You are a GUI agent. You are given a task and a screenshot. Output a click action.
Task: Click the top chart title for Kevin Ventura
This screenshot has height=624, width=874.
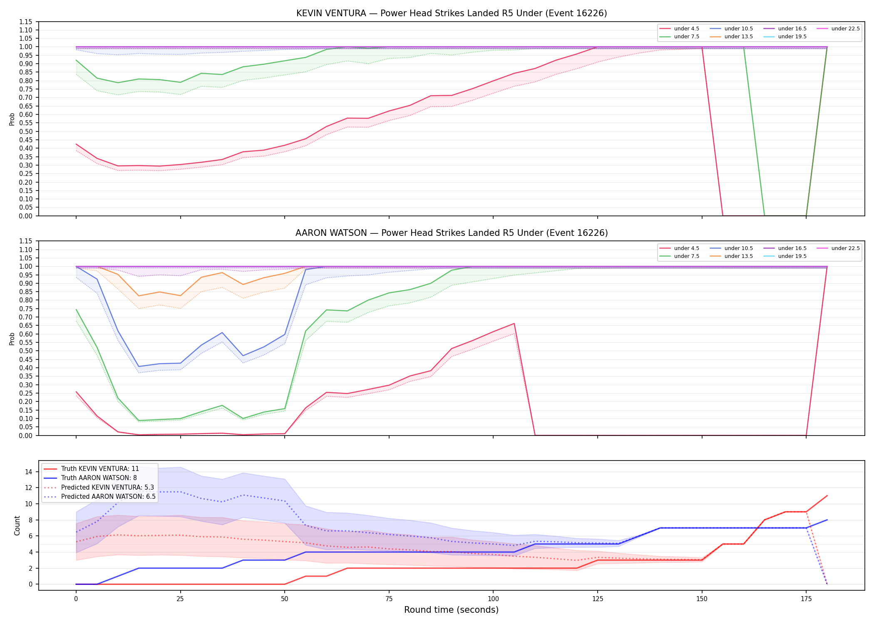pyautogui.click(x=452, y=13)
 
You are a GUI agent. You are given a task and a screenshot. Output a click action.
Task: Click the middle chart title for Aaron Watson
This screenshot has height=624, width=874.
pyautogui.click(x=452, y=233)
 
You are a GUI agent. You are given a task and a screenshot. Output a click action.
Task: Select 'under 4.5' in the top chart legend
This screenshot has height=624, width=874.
pyautogui.click(x=686, y=29)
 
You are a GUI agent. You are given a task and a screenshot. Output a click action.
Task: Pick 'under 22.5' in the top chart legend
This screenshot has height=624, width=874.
pyautogui.click(x=845, y=29)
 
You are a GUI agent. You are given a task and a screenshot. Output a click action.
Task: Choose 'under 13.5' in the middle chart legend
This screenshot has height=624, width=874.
pyautogui.click(x=738, y=256)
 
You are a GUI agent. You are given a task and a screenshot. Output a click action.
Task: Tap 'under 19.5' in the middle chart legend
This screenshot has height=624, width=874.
pyautogui.click(x=792, y=256)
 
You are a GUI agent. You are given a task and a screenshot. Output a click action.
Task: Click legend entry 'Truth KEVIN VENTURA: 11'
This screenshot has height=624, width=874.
pyautogui.click(x=100, y=469)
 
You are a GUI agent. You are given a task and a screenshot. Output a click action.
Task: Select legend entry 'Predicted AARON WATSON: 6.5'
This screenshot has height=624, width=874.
pyautogui.click(x=108, y=497)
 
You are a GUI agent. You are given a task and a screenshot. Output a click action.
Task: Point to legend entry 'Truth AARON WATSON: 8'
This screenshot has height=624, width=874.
pyautogui.click(x=99, y=478)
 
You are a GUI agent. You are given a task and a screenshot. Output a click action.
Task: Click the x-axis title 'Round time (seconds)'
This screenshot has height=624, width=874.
pyautogui.click(x=451, y=610)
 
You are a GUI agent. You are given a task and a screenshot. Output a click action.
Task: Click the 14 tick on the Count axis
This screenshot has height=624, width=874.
pyautogui.click(x=29, y=472)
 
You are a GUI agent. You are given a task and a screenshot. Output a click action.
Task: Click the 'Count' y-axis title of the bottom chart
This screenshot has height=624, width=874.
pyautogui.click(x=17, y=525)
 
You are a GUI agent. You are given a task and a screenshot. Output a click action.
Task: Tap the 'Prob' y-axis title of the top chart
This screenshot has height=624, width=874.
pyautogui.click(x=12, y=119)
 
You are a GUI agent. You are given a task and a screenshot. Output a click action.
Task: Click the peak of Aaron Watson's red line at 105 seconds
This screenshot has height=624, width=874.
pyautogui.click(x=514, y=324)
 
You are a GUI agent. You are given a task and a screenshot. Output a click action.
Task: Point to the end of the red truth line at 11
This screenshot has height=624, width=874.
pyautogui.click(x=827, y=496)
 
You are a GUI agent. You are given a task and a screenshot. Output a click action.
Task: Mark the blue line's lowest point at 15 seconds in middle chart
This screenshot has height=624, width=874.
pyautogui.click(x=139, y=366)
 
